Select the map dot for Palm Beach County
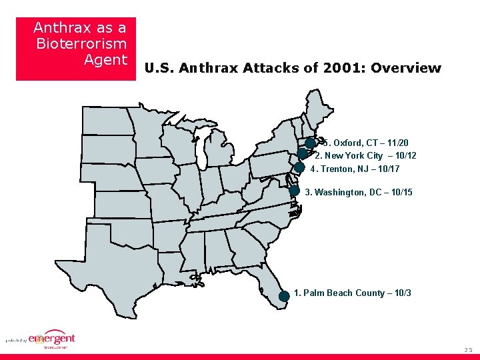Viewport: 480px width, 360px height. click(x=284, y=296)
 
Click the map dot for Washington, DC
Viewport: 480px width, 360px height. click(x=294, y=190)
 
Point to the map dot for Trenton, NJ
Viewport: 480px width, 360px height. click(x=299, y=167)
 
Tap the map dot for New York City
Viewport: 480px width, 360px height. click(x=303, y=153)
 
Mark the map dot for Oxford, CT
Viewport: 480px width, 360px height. click(x=310, y=143)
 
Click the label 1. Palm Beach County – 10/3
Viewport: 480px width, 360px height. click(x=352, y=293)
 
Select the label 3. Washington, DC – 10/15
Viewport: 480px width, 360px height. click(x=358, y=192)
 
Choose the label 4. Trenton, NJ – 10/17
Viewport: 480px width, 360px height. click(x=355, y=169)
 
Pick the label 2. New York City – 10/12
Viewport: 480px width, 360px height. click(x=365, y=155)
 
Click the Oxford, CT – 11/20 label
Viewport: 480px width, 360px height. click(x=367, y=143)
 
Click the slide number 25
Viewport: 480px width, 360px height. click(x=467, y=350)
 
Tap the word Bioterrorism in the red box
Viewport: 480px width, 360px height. click(x=81, y=44)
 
